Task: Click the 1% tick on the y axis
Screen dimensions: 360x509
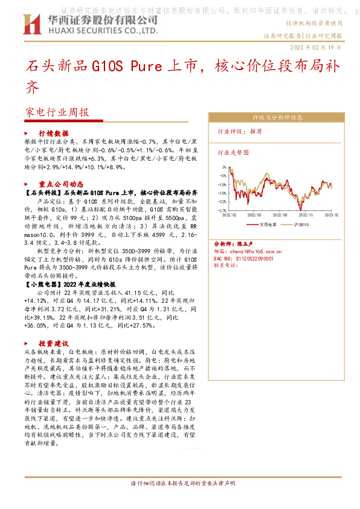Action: (223, 167)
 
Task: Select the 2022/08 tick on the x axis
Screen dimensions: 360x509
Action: (280, 215)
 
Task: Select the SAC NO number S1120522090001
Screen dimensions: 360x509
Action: (254, 258)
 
